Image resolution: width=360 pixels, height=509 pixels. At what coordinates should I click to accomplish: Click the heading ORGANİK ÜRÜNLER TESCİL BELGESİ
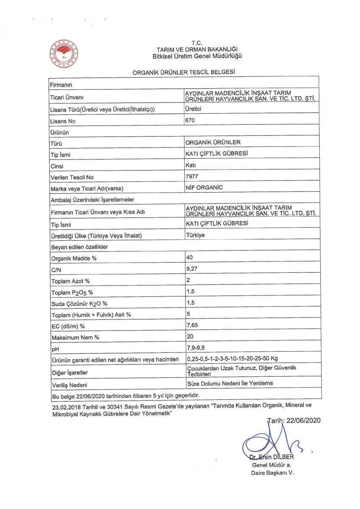[x=184, y=73]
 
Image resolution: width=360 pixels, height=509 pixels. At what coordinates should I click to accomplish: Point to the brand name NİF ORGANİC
[x=205, y=187]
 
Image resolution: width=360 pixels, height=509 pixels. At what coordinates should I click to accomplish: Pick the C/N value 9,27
[x=192, y=268]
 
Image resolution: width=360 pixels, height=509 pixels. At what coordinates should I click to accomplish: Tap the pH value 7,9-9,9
[x=197, y=347]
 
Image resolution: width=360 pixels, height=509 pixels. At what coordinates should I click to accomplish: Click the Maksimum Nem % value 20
[x=190, y=336]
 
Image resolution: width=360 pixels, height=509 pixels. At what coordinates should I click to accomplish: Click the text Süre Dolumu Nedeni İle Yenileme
[x=230, y=383]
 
